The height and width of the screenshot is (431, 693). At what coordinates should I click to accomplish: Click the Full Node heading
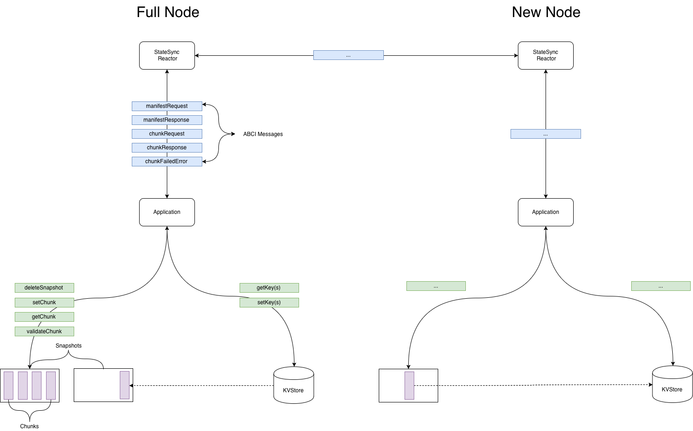168,12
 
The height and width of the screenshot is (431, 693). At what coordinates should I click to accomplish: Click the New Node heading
546,12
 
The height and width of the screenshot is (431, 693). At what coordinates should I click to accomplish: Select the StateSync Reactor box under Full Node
167,55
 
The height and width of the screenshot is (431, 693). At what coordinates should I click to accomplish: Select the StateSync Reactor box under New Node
546,55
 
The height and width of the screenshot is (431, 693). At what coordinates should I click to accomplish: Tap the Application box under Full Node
167,212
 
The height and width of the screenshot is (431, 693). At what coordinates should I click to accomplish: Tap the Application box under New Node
546,212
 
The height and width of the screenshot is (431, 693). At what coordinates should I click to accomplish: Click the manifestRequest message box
167,106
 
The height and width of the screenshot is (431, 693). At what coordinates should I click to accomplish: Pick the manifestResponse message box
167,120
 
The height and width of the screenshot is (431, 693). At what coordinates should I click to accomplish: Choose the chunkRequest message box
167,134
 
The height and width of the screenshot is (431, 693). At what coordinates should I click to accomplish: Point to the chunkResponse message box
167,148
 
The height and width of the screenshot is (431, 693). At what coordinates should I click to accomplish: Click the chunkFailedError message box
167,161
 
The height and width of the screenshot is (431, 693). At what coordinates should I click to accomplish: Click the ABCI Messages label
263,134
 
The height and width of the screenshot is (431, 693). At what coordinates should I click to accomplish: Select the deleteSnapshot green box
44,288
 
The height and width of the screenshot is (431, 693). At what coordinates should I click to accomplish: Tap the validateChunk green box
44,331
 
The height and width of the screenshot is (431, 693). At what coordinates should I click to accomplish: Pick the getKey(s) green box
269,288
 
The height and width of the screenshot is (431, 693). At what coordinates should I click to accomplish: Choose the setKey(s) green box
269,302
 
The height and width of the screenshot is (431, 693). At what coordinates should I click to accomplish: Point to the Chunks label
29,426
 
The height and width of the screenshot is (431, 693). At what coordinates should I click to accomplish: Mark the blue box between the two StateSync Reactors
348,55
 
